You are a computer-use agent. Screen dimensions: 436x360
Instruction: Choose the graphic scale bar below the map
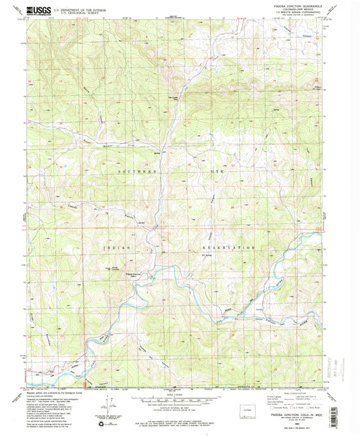(x=180, y=399)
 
